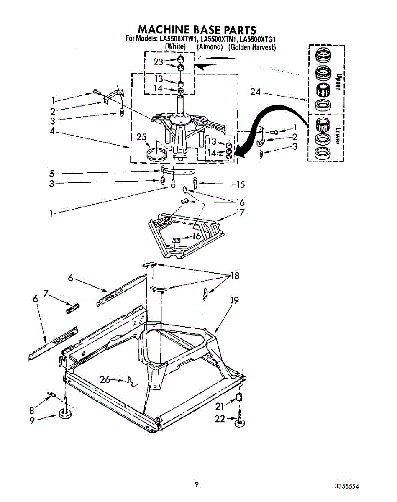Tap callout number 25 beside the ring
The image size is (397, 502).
143,137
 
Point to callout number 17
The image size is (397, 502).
240,213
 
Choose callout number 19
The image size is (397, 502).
235,300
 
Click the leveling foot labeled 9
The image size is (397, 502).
66,414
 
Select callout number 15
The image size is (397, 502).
240,184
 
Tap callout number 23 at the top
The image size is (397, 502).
158,61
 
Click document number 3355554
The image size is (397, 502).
347,487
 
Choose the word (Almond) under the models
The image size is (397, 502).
210,47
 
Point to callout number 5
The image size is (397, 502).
51,173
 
